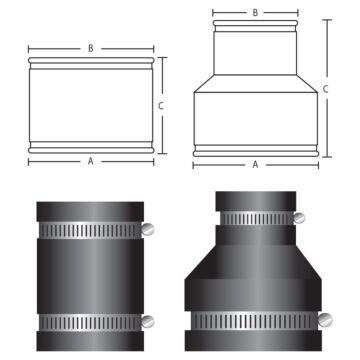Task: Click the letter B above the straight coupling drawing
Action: pyautogui.click(x=91, y=47)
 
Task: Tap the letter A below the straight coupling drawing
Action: pyautogui.click(x=91, y=160)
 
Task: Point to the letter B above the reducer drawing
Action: pyautogui.click(x=256, y=13)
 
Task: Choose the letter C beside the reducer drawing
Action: pyautogui.click(x=327, y=88)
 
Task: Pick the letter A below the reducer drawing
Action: pyautogui.click(x=256, y=163)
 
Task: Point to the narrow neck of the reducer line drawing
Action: pyautogui.click(x=256, y=50)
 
